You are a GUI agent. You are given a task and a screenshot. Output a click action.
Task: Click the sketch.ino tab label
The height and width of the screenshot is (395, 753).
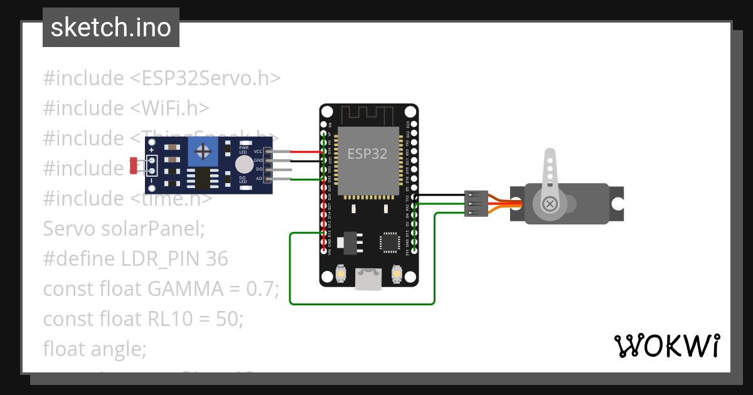click(110, 28)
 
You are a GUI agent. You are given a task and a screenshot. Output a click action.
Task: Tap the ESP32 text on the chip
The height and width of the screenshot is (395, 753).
click(367, 153)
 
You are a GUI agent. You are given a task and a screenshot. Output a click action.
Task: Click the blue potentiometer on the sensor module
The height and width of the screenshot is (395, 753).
click(203, 151)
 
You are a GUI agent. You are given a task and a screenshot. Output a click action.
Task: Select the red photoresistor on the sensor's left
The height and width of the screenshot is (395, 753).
click(134, 166)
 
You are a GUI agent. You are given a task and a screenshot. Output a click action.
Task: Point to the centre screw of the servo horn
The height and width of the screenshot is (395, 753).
click(550, 204)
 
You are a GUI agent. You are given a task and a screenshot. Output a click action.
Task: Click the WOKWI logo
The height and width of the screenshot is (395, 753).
click(666, 345)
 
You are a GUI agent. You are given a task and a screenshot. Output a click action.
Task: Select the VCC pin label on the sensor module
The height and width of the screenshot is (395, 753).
click(258, 152)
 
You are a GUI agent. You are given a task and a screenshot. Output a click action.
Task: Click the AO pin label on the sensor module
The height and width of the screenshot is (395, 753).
click(259, 179)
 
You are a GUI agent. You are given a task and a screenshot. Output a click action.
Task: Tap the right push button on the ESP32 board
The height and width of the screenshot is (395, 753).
click(396, 274)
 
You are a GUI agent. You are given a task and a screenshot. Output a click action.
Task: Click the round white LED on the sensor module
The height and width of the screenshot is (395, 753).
click(243, 165)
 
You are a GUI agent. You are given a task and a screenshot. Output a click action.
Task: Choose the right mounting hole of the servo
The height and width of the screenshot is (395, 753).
click(617, 204)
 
